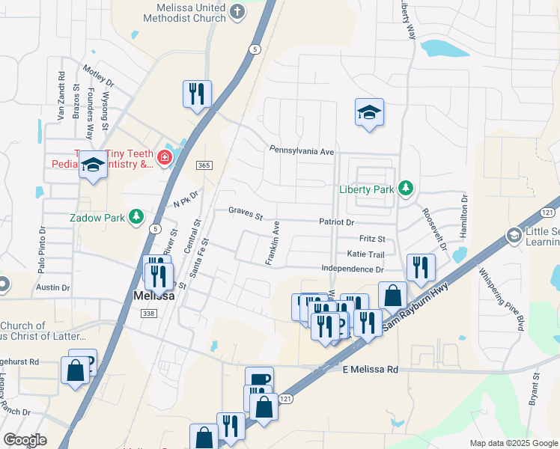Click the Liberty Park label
[x=366, y=189]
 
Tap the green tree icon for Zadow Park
[x=136, y=217]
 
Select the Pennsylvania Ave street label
[x=302, y=150]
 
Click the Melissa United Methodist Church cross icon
[x=237, y=10]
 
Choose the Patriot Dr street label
[x=336, y=222]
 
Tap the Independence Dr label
[x=352, y=269]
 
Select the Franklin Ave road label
[x=272, y=242]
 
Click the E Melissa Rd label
[x=371, y=370]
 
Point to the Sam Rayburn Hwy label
[x=414, y=305]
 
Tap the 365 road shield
[x=203, y=165]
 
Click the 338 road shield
[x=148, y=313]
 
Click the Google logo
[x=25, y=440]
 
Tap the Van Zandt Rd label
[x=61, y=96]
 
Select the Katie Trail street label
[x=365, y=254]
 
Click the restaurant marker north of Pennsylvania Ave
[x=197, y=95]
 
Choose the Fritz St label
[x=371, y=239]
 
